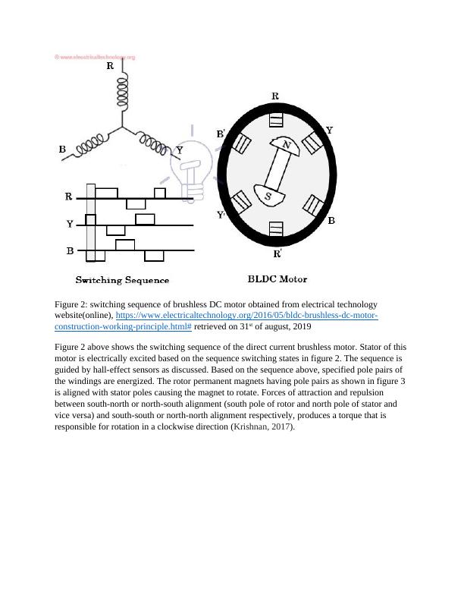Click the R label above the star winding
coord(110,66)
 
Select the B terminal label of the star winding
coord(62,149)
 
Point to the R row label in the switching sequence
coord(68,197)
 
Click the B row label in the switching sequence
coord(70,250)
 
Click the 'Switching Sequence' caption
coord(121,280)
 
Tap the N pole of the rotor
coord(286,145)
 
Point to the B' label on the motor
coord(221,134)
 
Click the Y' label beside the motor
coord(221,215)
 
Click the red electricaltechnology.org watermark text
coord(95,57)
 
